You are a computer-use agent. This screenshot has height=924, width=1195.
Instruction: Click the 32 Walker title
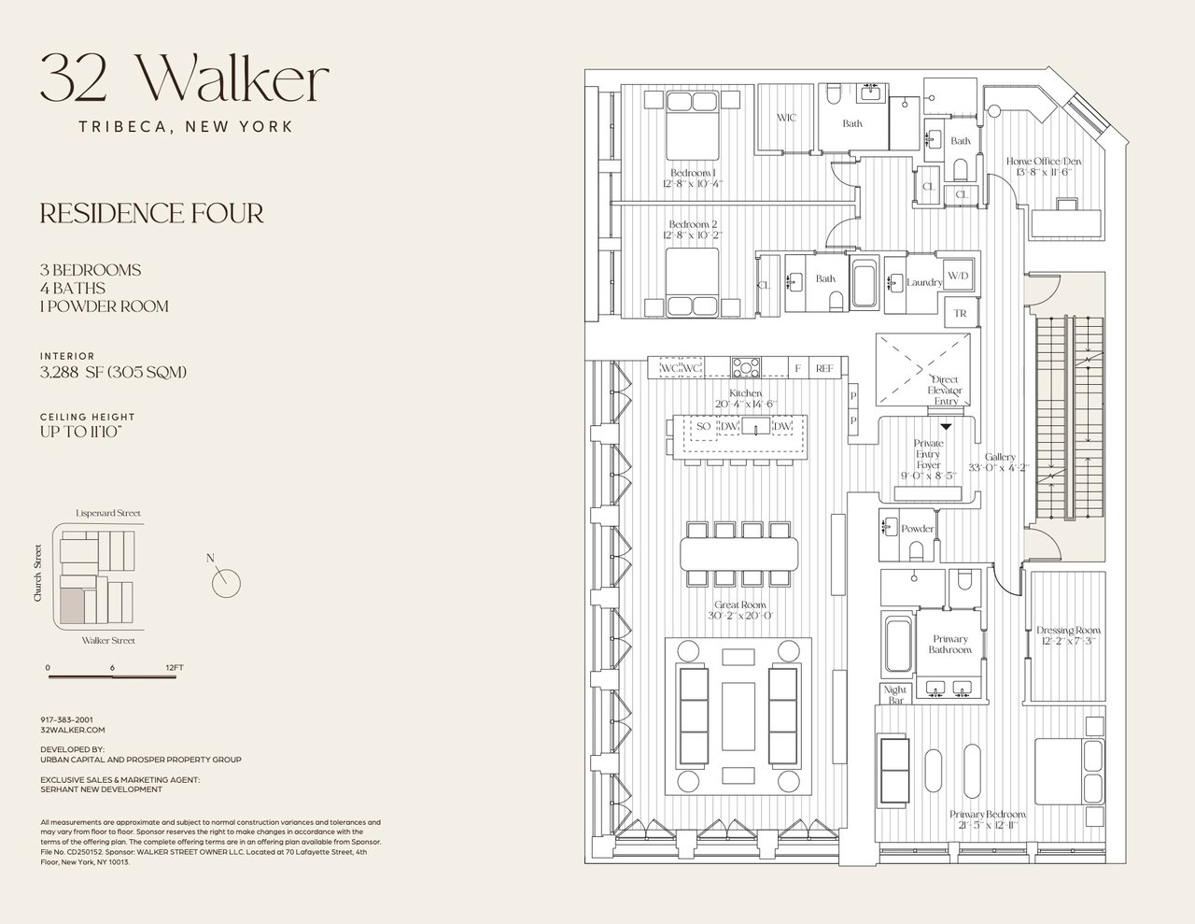point(184,80)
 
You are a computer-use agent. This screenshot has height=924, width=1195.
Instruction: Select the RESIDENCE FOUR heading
point(151,214)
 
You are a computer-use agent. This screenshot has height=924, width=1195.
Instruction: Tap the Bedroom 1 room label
point(692,173)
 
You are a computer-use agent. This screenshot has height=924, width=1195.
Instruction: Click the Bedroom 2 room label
point(693,224)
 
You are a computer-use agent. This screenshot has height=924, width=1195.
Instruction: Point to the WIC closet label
point(786,119)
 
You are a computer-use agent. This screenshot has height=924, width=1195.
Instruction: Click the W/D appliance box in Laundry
point(958,277)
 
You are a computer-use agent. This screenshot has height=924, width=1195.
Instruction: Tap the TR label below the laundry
point(960,314)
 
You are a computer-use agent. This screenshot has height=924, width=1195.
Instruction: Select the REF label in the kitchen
point(823,369)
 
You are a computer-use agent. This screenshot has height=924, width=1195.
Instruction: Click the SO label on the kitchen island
point(704,427)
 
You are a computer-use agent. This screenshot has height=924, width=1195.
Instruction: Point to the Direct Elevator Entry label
point(945,391)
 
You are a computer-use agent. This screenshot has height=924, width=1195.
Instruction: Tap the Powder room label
point(917,529)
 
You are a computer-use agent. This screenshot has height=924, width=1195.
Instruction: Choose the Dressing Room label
point(1068,630)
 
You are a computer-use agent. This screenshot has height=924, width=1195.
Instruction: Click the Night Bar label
point(895,695)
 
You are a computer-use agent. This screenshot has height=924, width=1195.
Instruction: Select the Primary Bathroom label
point(950,645)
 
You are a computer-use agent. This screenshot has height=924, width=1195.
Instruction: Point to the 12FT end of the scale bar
point(174,667)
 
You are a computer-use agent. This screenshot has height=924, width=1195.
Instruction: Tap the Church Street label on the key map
point(38,572)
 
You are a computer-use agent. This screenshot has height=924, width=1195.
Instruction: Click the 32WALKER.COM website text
point(73,730)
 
